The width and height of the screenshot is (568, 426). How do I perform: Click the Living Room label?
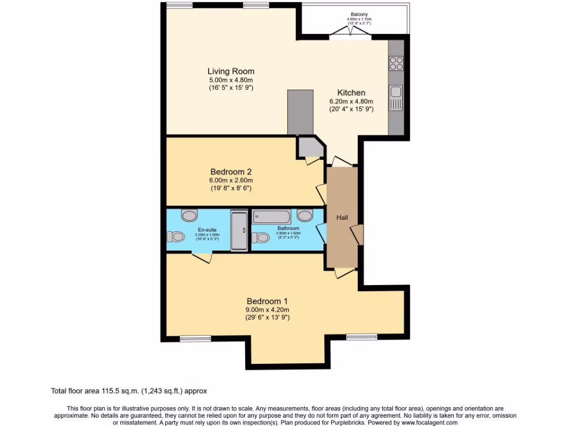tap(231, 71)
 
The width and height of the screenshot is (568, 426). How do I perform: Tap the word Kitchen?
tap(351, 93)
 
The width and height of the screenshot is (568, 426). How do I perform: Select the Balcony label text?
tap(359, 14)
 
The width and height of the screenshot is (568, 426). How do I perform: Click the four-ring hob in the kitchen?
tap(396, 63)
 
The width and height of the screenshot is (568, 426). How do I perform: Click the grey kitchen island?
tap(300, 112)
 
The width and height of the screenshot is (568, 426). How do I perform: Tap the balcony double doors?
tap(351, 35)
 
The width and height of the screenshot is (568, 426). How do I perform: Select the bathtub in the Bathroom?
tap(272, 216)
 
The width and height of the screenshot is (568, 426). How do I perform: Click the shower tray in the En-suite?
tap(240, 230)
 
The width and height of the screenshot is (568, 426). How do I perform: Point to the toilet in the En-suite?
tap(177, 237)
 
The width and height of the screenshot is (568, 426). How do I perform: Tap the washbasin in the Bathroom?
tap(305, 215)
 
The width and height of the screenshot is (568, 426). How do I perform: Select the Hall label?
tap(342, 217)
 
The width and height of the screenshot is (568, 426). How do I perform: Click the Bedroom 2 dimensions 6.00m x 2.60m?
tap(231, 180)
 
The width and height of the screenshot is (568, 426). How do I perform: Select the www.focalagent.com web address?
tap(425, 422)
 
